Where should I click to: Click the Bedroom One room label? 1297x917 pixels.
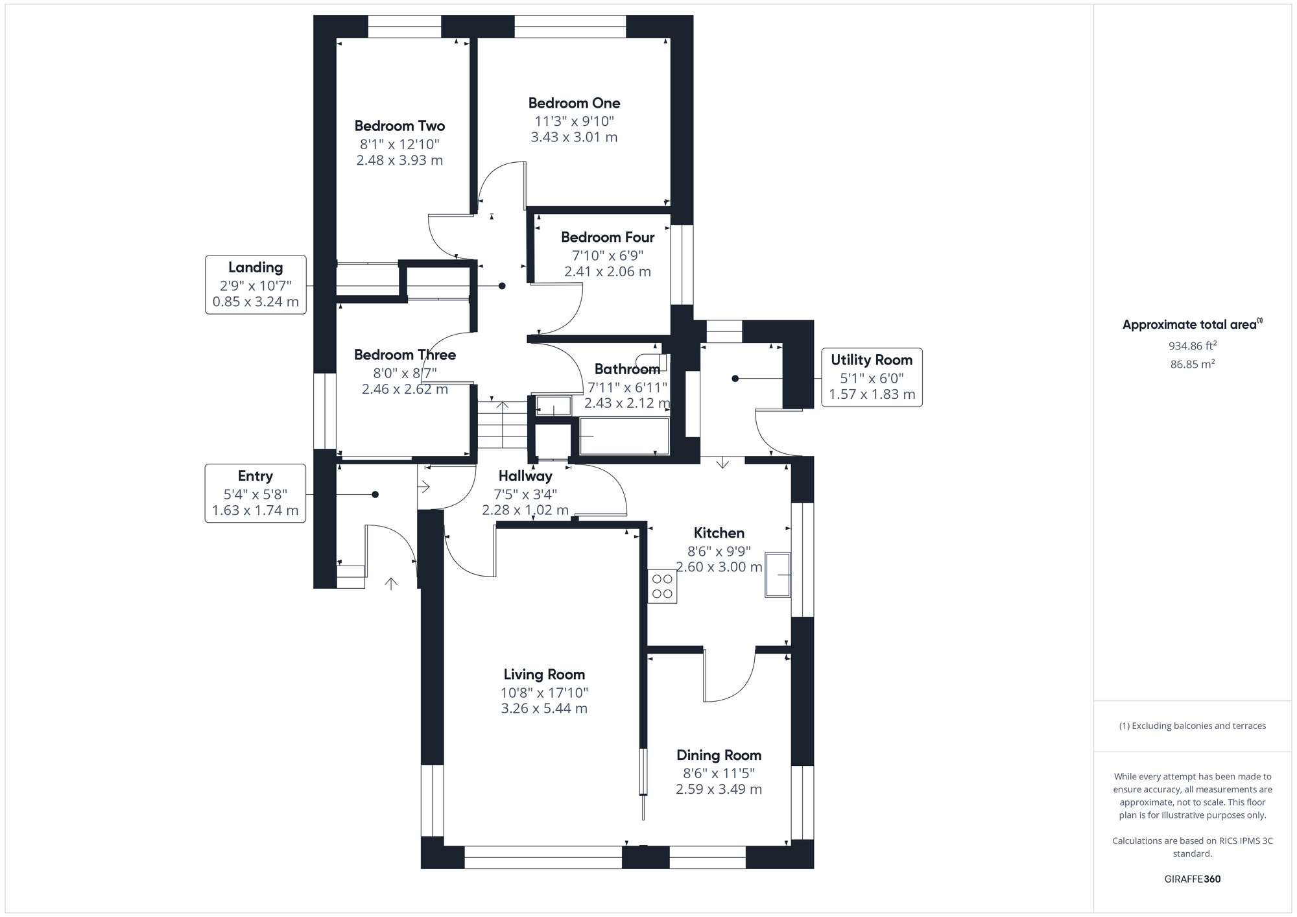tap(574, 103)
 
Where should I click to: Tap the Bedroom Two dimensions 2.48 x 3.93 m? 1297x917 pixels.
tap(399, 160)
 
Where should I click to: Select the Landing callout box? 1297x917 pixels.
tap(256, 285)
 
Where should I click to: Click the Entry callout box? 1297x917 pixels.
tap(256, 493)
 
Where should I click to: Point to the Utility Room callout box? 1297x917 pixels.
tap(872, 377)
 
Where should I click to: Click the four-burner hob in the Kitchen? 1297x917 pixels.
tap(662, 586)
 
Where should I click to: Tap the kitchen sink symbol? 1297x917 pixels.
tap(778, 575)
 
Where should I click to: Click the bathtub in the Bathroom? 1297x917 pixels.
tap(624, 436)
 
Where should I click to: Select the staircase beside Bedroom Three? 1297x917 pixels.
tap(503, 425)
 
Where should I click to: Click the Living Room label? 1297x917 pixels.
tap(544, 674)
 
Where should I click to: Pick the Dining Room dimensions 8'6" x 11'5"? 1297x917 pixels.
tap(719, 773)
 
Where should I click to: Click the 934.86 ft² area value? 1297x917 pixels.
tap(1192, 346)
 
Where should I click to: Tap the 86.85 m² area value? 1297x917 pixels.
tap(1192, 364)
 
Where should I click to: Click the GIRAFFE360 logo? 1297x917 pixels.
tap(1192, 879)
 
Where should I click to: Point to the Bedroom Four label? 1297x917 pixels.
tap(608, 237)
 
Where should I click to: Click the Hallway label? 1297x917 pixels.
tap(525, 476)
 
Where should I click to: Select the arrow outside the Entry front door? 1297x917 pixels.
tap(391, 584)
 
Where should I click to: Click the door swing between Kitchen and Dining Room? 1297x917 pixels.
tap(730, 678)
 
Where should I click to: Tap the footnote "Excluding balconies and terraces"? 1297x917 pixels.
tap(1192, 726)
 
